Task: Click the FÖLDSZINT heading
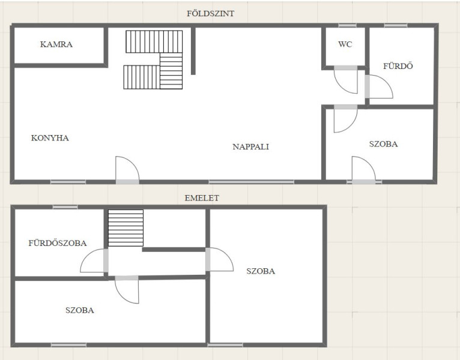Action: click(x=210, y=13)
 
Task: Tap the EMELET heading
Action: click(x=202, y=198)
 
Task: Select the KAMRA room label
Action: click(x=56, y=44)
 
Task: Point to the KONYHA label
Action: click(x=50, y=138)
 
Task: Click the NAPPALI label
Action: click(x=251, y=146)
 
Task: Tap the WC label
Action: click(x=345, y=44)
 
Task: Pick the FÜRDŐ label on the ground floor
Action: click(x=398, y=66)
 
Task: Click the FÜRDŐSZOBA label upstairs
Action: click(x=58, y=243)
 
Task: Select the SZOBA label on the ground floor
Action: click(x=383, y=144)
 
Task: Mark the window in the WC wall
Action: click(x=347, y=26)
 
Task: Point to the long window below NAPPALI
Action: click(x=251, y=182)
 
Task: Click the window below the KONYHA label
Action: click(x=68, y=182)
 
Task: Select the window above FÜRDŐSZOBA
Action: click(x=65, y=207)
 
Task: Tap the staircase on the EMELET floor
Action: click(x=126, y=228)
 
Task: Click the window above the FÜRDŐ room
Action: click(x=396, y=26)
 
